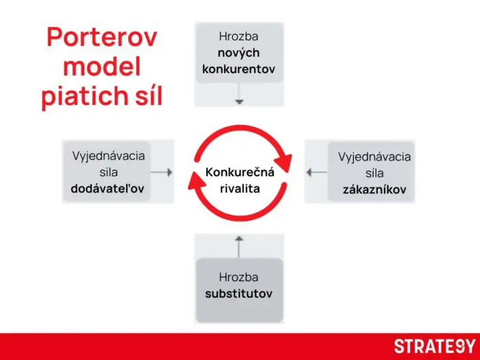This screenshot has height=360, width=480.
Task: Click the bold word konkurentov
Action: click(239, 69)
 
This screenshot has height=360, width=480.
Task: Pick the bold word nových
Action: click(239, 53)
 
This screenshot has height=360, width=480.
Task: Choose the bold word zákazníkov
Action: click(374, 190)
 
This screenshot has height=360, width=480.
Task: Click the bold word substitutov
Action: click(239, 293)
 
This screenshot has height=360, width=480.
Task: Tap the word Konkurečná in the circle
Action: click(240, 172)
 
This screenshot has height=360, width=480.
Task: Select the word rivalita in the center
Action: click(240, 188)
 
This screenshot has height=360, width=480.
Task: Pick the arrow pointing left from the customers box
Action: click(316, 172)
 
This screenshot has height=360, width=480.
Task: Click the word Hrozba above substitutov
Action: click(239, 278)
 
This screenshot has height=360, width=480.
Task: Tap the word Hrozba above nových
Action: click(239, 36)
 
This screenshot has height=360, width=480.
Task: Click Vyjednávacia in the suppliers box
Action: click(108, 156)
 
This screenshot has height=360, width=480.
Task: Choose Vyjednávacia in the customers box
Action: click(374, 157)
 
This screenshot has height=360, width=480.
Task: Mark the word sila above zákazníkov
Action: click(374, 173)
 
